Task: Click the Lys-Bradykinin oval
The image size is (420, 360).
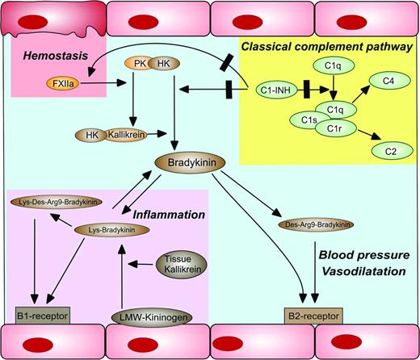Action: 112,230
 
